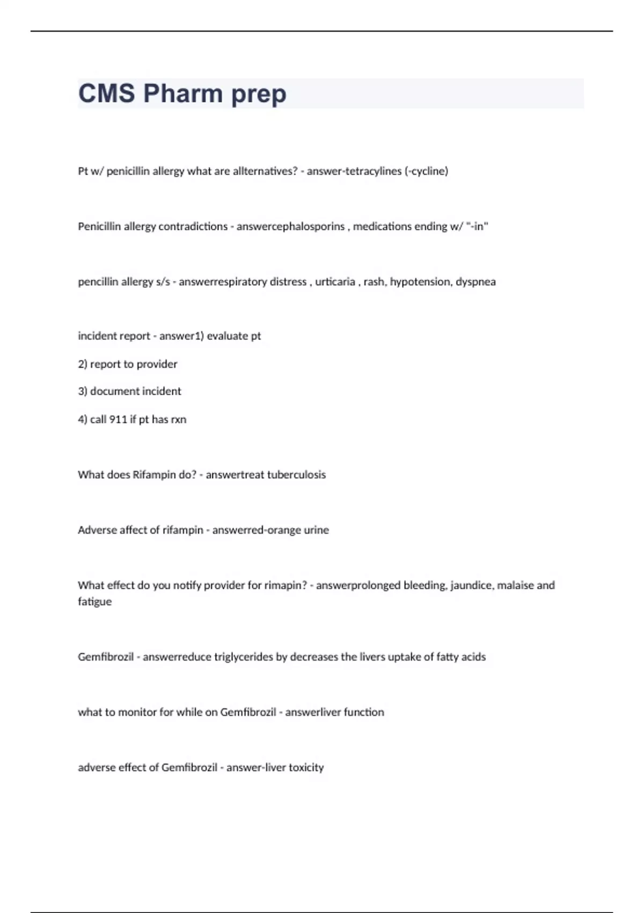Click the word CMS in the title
106,93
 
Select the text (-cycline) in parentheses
426,171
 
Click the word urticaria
335,282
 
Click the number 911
118,419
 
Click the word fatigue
94,602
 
